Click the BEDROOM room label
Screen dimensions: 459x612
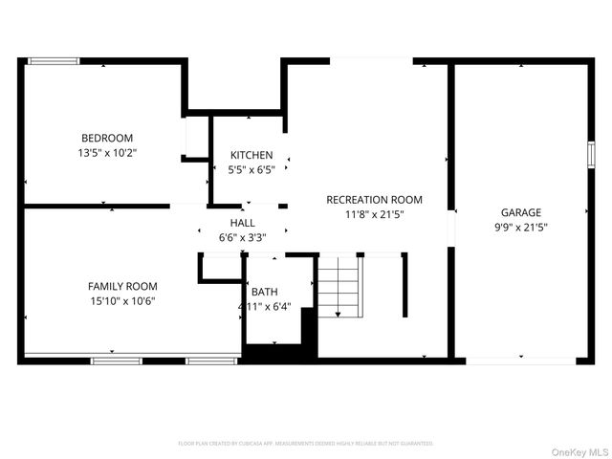click(x=106, y=138)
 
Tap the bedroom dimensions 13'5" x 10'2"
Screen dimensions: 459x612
click(x=106, y=152)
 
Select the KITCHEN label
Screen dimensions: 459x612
click(x=251, y=155)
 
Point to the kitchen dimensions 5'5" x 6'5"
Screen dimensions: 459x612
click(x=251, y=169)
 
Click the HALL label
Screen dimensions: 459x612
click(x=242, y=222)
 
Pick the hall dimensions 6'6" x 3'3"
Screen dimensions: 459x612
click(x=242, y=236)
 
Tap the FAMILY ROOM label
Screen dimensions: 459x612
click(x=122, y=286)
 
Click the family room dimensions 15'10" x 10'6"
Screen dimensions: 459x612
click(x=122, y=300)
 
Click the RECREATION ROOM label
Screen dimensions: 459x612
click(x=374, y=200)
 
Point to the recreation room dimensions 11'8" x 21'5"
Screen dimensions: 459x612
click(x=374, y=214)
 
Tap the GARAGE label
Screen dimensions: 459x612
click(x=521, y=212)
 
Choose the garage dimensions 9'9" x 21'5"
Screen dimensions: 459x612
click(x=521, y=228)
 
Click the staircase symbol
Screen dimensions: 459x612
click(x=339, y=287)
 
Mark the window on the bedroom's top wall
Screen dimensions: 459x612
click(x=53, y=61)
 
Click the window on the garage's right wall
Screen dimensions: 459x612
click(x=591, y=153)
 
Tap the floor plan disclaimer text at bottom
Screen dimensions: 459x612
click(x=306, y=444)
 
